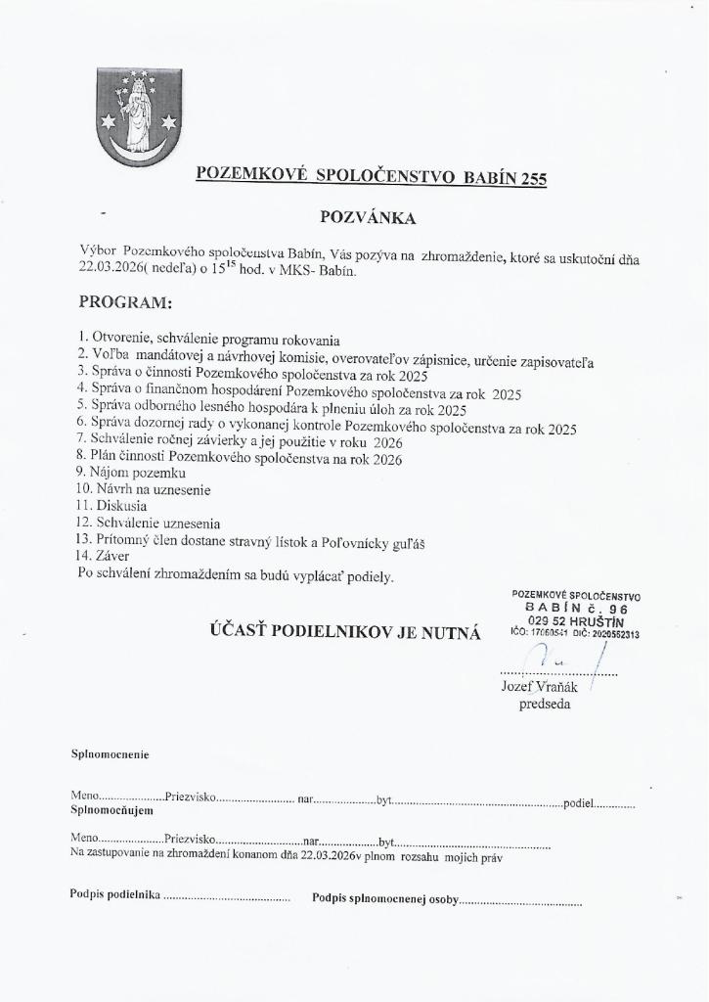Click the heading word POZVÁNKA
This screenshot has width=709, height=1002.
(368, 216)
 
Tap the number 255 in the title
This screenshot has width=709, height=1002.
(533, 178)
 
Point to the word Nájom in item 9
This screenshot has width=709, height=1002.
(113, 473)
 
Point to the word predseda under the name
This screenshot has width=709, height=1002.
(545, 705)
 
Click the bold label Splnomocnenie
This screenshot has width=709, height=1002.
(110, 754)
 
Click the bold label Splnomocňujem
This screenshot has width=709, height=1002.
(112, 810)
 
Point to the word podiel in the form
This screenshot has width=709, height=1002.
(579, 803)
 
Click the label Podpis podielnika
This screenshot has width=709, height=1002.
(114, 894)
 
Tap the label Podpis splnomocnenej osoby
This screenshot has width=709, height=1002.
(384, 898)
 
